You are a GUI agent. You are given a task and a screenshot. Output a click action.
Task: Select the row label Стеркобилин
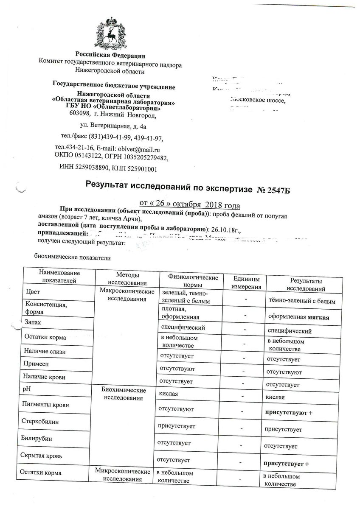[x=40, y=422]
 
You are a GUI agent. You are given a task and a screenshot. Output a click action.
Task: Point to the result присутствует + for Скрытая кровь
[x=286, y=464]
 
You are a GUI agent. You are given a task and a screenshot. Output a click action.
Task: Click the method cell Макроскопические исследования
[x=124, y=296]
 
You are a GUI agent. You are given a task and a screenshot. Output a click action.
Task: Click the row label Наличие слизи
[x=46, y=352]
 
